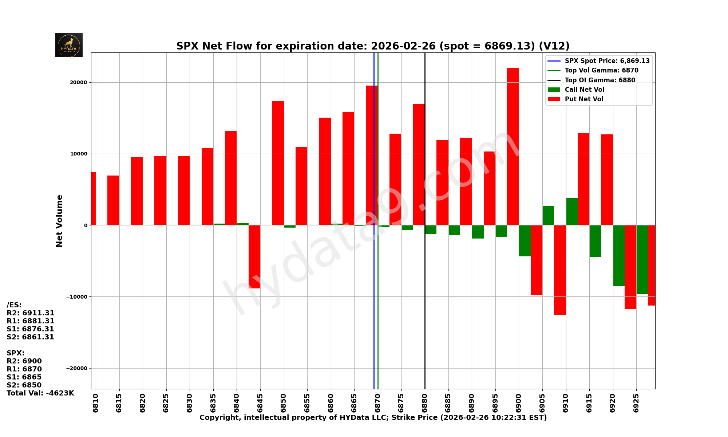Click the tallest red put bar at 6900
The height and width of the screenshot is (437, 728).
click(x=513, y=146)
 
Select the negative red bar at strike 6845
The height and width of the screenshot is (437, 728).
click(x=254, y=257)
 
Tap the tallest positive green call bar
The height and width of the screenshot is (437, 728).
click(x=572, y=212)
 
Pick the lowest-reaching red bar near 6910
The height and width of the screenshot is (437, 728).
click(x=560, y=270)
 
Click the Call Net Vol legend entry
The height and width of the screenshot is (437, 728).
click(x=584, y=90)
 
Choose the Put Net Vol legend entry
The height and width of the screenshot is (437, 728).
click(x=584, y=99)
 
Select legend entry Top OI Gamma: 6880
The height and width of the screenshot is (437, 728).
click(x=600, y=80)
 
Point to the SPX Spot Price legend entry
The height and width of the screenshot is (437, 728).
click(x=607, y=61)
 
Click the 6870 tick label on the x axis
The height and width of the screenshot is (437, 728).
click(x=378, y=403)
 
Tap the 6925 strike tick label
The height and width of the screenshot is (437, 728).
click(x=636, y=403)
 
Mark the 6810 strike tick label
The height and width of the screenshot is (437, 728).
click(x=96, y=403)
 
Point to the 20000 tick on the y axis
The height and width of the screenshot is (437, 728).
click(x=79, y=82)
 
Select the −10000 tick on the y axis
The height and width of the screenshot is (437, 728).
click(x=77, y=296)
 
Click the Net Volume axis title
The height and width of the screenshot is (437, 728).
click(x=59, y=221)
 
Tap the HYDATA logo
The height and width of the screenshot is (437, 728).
click(x=69, y=45)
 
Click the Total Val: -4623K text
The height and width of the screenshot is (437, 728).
click(x=40, y=393)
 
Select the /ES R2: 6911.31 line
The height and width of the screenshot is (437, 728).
click(x=31, y=313)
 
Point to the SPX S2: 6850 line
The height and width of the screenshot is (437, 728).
click(x=24, y=385)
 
